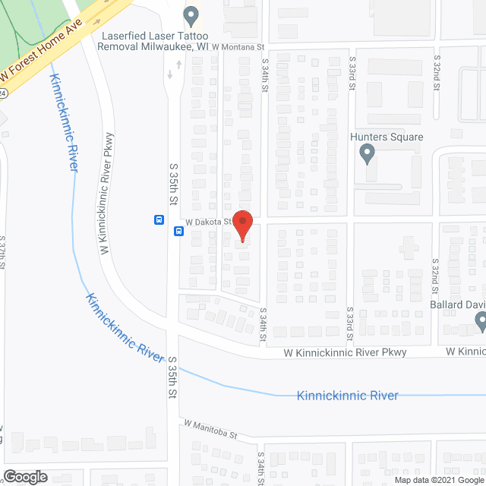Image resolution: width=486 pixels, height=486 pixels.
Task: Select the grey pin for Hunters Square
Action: click(x=368, y=155)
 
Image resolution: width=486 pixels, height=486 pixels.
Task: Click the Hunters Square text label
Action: click(x=387, y=137)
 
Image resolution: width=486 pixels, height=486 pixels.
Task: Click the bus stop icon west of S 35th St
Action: click(x=159, y=220)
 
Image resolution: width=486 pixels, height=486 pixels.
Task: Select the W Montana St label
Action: click(x=238, y=47)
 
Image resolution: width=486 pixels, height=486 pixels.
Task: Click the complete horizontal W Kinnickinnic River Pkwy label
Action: click(x=346, y=352)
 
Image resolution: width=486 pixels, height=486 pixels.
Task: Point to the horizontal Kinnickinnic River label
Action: click(x=349, y=396)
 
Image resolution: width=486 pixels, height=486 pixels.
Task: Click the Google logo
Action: click(x=24, y=476)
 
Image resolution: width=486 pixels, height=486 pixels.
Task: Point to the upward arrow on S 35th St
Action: click(x=179, y=64)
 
